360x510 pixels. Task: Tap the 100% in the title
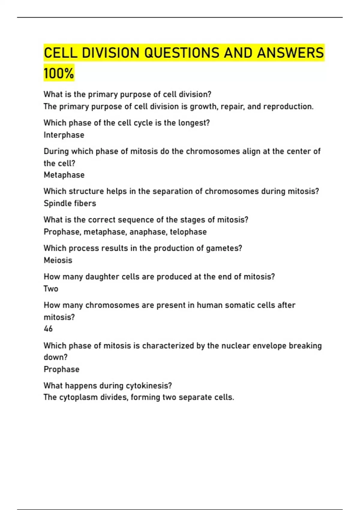click(59, 73)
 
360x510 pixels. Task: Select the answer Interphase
click(64, 135)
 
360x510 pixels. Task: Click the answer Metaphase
click(64, 175)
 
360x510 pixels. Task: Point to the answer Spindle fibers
click(70, 203)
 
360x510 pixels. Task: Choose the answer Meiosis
click(58, 260)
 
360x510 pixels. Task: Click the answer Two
click(51, 289)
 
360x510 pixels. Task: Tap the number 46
click(48, 329)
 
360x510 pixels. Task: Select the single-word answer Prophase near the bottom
click(61, 369)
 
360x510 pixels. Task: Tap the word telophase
click(188, 232)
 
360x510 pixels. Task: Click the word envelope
click(269, 346)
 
